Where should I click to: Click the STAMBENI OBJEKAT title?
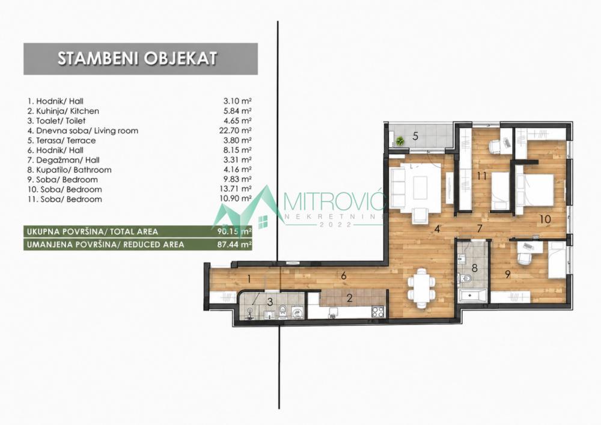137,59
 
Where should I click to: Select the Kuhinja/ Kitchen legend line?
63,111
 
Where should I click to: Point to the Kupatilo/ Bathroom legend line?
69,170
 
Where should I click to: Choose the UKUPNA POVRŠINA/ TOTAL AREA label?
93,232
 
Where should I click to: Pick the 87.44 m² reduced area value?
234,245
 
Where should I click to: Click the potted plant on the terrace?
400,141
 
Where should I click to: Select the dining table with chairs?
422,287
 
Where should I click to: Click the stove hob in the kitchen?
378,313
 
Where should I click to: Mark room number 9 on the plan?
508,275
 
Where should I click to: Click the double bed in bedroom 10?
534,194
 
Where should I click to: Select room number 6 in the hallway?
344,275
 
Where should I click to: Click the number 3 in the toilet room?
270,302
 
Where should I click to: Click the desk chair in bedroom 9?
524,258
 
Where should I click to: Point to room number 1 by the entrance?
249,279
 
